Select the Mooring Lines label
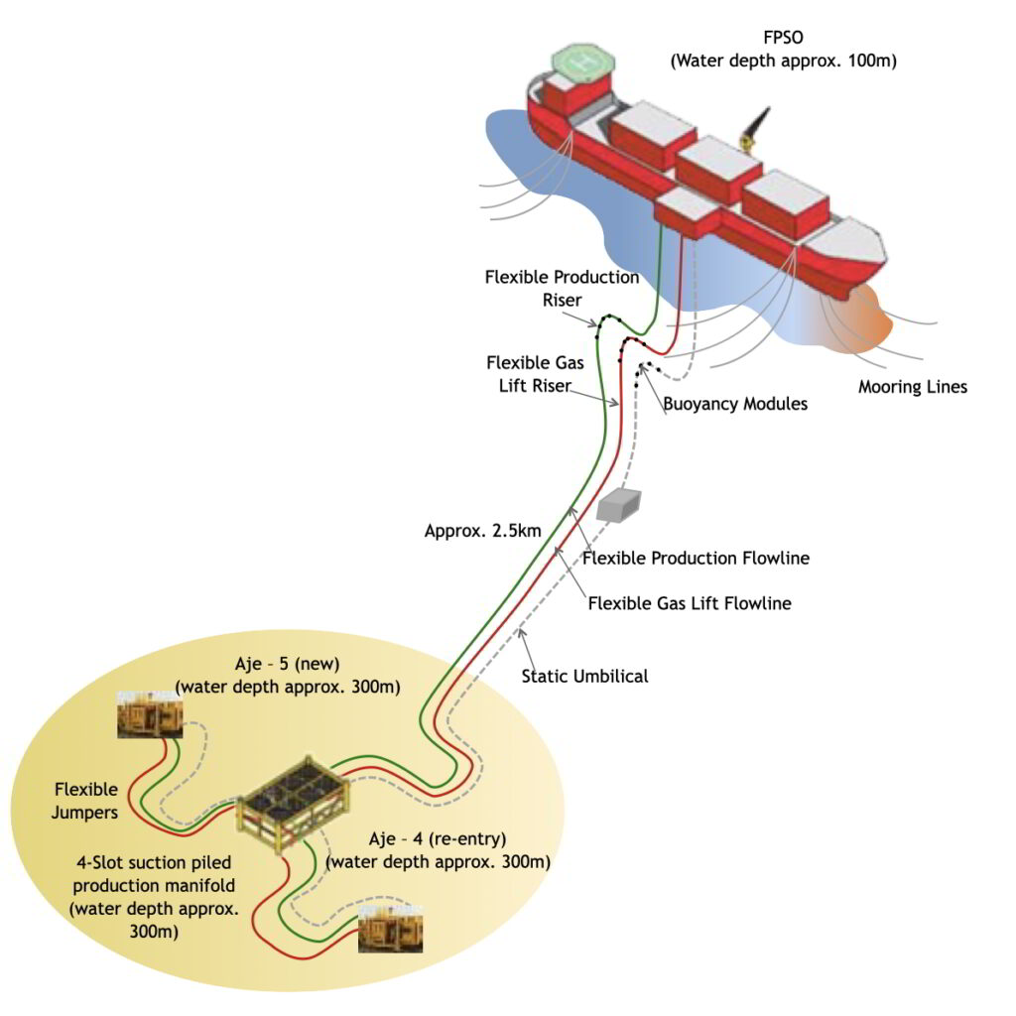pos(912,387)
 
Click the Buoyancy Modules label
pos(735,404)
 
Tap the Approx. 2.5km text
pos(482,531)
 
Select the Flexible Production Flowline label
pos(697,558)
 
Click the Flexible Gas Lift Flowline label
pos(690,602)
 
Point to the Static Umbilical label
pos(584,676)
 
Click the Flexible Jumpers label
pos(85,802)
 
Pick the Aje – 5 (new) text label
pos(287,676)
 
